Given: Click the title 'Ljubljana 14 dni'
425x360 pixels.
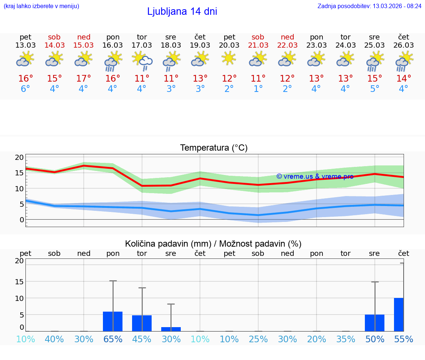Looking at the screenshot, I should (182, 11).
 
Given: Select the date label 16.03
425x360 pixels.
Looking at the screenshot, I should (113, 45).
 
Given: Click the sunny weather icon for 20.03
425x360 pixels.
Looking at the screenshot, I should (229, 58).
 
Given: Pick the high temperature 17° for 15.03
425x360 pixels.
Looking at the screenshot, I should (84, 79).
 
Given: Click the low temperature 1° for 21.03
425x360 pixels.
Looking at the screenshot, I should (258, 89).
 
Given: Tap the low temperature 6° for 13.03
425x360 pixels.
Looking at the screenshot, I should (25, 89).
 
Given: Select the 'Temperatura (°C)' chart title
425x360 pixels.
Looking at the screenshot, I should (214, 148).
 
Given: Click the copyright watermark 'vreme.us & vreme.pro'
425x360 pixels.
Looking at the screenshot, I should (315, 176).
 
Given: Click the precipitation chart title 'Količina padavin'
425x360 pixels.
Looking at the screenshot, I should (213, 244).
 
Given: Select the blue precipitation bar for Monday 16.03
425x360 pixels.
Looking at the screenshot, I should (113, 321).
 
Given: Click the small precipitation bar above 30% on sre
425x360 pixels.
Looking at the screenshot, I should (171, 329).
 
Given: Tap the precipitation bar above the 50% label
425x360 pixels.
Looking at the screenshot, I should (374, 323).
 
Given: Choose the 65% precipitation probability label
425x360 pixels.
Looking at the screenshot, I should (113, 339).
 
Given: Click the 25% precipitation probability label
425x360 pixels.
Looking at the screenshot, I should (258, 339).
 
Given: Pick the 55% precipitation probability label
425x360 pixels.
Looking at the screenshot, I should (404, 339).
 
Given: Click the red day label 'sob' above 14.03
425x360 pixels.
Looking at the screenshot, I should (54, 37).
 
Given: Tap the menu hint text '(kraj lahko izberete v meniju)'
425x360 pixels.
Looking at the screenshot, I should (41, 6).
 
